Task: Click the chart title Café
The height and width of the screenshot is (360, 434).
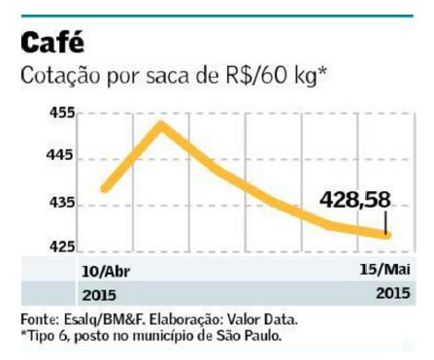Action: pos(52,42)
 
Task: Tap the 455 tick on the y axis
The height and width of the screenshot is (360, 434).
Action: pos(62,114)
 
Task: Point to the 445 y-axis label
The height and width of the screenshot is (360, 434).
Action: pos(60,155)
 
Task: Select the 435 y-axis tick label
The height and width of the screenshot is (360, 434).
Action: pos(62,203)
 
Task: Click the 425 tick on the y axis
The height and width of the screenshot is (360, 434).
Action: pos(62,246)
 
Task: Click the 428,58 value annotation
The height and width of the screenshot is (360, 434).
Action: pos(355,200)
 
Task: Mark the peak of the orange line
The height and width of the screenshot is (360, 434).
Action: pos(161,124)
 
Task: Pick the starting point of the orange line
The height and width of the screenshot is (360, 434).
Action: pos(106,188)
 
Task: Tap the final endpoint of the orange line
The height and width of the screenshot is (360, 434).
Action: pos(387,235)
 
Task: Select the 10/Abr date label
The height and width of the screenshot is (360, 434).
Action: pos(106,272)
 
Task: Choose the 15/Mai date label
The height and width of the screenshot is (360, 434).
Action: pos(384,269)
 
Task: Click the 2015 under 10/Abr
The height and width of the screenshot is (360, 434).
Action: pos(99,295)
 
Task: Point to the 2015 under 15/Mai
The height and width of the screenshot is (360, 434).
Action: pos(393,293)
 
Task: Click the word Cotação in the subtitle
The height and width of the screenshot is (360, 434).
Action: pos(60,76)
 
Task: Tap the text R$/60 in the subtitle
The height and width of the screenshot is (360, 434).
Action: pos(257,76)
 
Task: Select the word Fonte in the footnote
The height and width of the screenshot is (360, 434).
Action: pos(40,319)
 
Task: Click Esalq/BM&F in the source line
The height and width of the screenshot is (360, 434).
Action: pos(105,320)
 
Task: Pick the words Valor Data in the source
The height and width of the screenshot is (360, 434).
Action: pos(262,320)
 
